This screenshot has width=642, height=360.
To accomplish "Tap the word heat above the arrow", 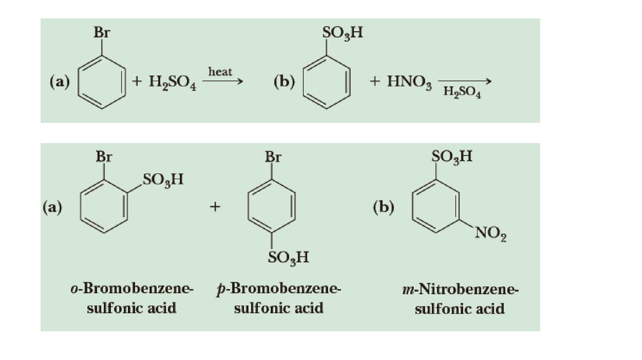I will (x=220, y=72).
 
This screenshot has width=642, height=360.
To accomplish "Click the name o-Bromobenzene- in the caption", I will (x=132, y=289).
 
